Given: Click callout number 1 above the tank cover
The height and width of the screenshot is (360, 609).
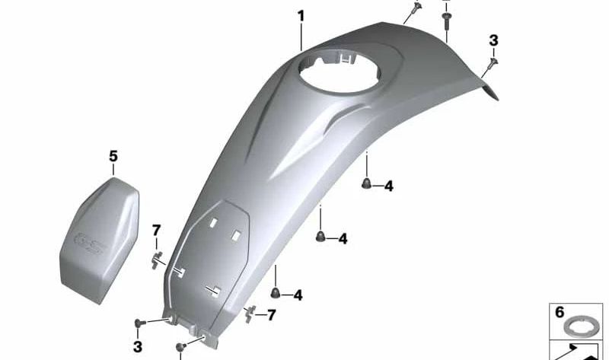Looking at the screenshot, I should coord(301,15).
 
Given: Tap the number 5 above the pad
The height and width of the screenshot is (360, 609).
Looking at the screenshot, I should coord(113,156).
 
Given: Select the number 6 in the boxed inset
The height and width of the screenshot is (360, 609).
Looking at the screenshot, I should coord(560,312).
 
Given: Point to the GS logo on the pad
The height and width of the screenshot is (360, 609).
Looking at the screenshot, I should coord(90,242).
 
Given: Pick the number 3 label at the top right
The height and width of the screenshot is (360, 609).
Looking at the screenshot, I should coord(493,40).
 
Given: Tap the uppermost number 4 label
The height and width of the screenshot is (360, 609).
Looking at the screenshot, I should coord(388,186).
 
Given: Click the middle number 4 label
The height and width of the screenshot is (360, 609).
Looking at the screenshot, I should coord(343,239).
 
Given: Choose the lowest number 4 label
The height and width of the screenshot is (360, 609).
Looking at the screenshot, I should coord(298,295).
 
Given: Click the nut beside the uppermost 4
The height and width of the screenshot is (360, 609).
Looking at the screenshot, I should coord(366,183).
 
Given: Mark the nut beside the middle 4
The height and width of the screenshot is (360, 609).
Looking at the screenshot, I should coord(320,236).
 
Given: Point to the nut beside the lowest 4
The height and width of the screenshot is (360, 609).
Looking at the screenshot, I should coord(276,292).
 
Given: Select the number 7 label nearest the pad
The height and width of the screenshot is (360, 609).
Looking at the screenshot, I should coord(156,230).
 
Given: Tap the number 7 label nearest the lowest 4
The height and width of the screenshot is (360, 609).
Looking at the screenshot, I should coord(271,314).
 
